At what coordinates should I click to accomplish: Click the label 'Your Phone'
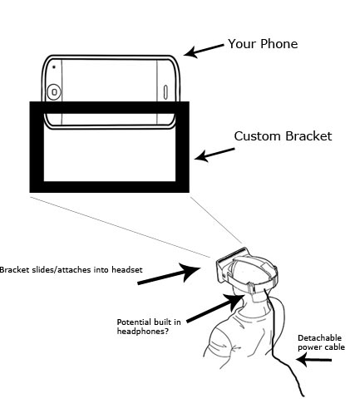point(263,44)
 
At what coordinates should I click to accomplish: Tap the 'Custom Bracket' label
point(283,136)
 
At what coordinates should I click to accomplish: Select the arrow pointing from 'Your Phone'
point(204,50)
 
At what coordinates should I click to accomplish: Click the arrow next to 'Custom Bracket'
point(215,155)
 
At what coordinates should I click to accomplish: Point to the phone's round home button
point(54,91)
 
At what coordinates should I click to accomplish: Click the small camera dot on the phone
point(54,66)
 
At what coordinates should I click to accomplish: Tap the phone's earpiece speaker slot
point(165,92)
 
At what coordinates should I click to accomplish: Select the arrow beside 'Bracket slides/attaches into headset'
point(170,273)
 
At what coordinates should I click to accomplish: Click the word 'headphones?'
point(142,332)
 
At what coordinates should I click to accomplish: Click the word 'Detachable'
point(319,338)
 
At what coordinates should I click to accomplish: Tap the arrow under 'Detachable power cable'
point(313,360)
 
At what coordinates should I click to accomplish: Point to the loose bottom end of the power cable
point(303,396)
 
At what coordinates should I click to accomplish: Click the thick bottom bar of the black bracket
point(110,187)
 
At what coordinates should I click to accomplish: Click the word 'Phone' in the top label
point(279,44)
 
